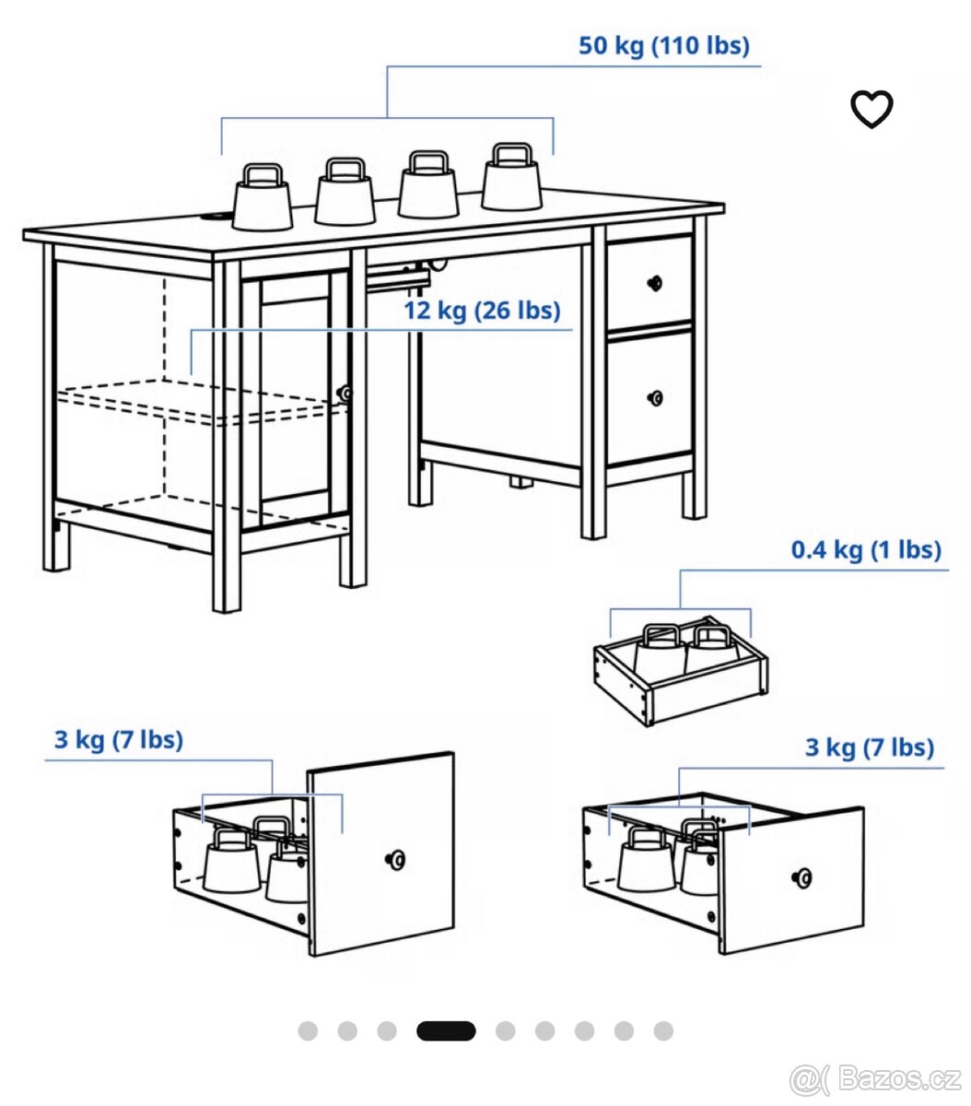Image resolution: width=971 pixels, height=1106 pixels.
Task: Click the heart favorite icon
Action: [872, 109]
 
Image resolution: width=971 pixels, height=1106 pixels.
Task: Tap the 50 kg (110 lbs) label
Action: [663, 45]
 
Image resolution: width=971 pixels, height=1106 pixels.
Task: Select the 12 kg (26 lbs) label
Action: [482, 311]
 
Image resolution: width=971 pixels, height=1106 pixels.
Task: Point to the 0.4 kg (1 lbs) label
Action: [866, 549]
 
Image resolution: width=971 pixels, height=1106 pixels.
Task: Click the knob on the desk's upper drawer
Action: [655, 283]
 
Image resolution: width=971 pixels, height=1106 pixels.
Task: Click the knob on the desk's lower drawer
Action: [655, 398]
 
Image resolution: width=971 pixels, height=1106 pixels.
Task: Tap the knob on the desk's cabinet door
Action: [345, 393]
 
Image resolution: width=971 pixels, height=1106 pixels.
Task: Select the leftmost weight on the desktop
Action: [262, 196]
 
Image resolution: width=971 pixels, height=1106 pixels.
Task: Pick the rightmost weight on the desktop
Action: [511, 176]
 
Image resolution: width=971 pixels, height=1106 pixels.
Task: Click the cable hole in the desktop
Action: [216, 218]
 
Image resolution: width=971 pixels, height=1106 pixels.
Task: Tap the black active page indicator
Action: [446, 1031]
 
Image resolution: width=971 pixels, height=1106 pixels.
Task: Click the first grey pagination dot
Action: [308, 1031]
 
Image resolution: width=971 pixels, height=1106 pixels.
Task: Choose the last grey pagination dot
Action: [663, 1031]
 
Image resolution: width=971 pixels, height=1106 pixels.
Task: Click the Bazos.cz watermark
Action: [875, 1079]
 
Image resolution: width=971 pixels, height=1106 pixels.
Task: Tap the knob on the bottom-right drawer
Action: [802, 877]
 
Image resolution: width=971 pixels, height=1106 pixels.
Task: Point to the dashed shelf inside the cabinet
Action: [196, 403]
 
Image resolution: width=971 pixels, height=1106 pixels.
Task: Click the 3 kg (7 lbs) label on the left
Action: [119, 740]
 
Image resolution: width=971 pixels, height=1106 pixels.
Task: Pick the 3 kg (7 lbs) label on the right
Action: [870, 747]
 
